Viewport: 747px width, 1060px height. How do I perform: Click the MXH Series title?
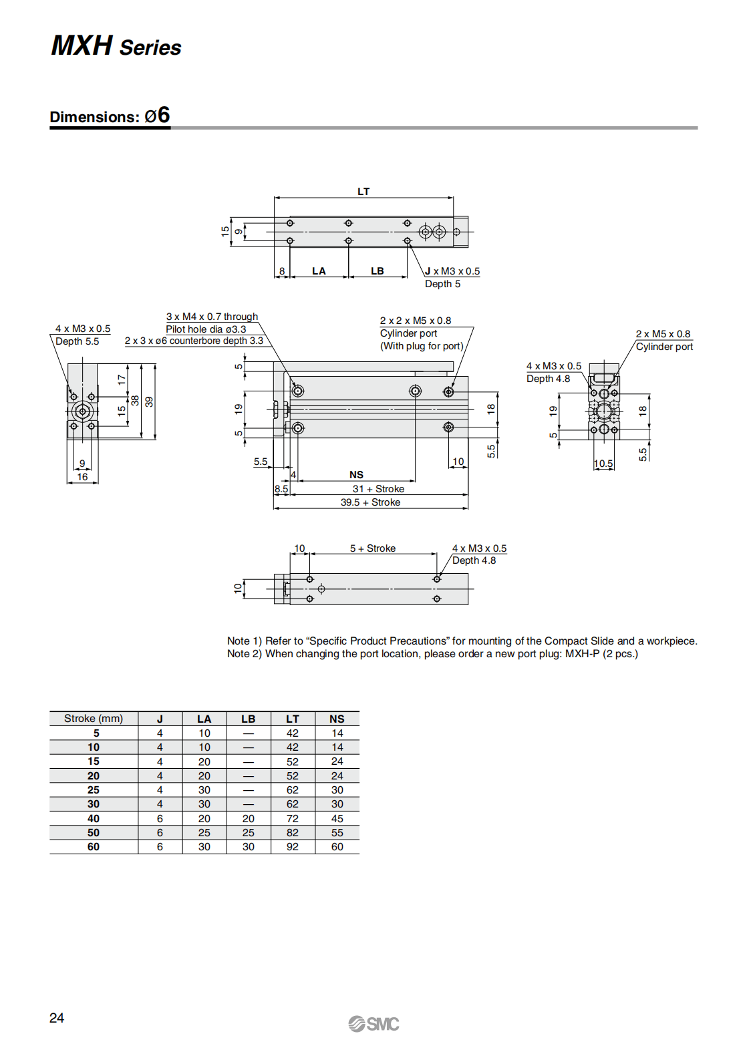pyautogui.click(x=116, y=46)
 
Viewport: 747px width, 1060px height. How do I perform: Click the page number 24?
pyautogui.click(x=57, y=1018)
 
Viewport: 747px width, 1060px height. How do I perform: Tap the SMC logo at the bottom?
pyautogui.click(x=373, y=1024)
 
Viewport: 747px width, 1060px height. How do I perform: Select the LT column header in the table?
pyautogui.click(x=293, y=719)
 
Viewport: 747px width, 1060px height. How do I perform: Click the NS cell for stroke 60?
pyautogui.click(x=337, y=847)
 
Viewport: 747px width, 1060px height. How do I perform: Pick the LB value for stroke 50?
pyautogui.click(x=249, y=833)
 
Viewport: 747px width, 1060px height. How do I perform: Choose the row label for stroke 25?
pyautogui.click(x=94, y=790)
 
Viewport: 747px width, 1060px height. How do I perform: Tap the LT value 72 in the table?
pyautogui.click(x=293, y=819)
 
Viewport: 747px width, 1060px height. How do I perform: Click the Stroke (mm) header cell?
pyautogui.click(x=94, y=719)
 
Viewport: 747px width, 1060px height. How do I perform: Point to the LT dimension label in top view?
pyautogui.click(x=363, y=192)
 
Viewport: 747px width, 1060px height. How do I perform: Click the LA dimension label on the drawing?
pyautogui.click(x=319, y=271)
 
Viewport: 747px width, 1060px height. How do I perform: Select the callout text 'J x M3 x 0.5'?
pyautogui.click(x=452, y=271)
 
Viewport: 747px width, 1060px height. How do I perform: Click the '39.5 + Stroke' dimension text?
pyautogui.click(x=370, y=502)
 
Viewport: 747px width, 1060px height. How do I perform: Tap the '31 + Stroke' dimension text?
pyautogui.click(x=378, y=489)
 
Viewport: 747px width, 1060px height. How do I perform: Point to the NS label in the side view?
pyautogui.click(x=356, y=475)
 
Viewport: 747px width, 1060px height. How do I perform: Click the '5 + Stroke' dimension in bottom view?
pyautogui.click(x=373, y=548)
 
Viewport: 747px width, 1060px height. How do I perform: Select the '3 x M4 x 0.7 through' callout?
pyautogui.click(x=212, y=317)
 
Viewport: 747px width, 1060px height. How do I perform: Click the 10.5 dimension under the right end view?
pyautogui.click(x=603, y=464)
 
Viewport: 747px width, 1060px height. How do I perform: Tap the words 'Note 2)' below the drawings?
pyautogui.click(x=245, y=654)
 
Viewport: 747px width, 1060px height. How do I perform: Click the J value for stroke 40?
pyautogui.click(x=160, y=819)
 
